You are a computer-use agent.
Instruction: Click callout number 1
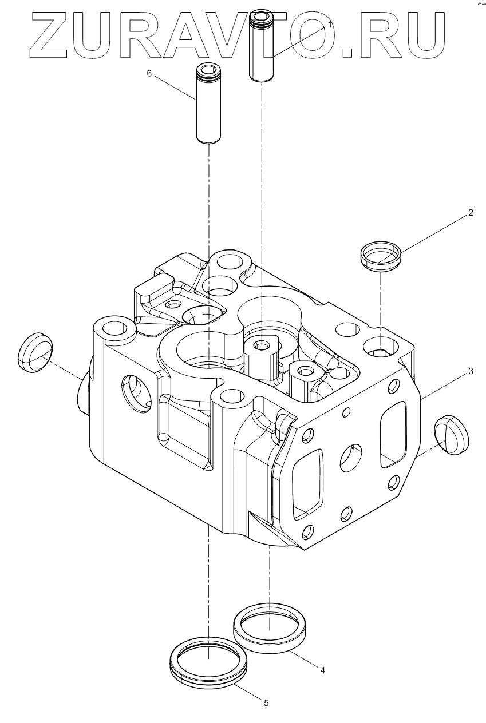click(x=330, y=26)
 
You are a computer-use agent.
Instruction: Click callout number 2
click(x=471, y=213)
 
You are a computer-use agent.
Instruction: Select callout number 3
click(x=471, y=371)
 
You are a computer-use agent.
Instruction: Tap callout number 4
click(x=323, y=670)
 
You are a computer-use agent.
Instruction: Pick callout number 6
click(x=149, y=74)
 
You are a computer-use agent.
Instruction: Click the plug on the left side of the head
click(x=35, y=349)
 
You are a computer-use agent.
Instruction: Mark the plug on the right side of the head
click(x=451, y=435)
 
